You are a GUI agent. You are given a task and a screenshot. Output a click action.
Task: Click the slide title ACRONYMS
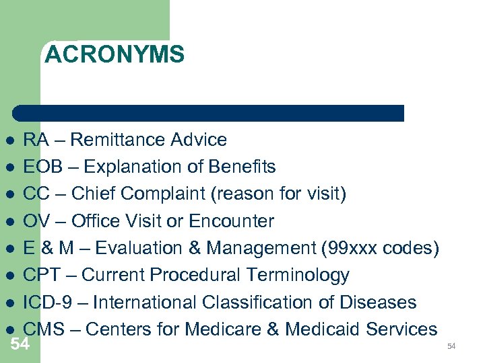point(114,54)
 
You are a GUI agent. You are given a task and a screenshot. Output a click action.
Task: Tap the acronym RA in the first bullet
point(34,140)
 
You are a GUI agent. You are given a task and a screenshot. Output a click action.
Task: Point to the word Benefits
point(242,167)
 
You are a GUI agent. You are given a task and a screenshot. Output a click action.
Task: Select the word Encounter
point(231,221)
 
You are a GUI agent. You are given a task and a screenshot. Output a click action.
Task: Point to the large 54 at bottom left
point(20,344)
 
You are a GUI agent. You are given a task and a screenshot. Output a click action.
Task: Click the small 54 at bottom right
point(451,346)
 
